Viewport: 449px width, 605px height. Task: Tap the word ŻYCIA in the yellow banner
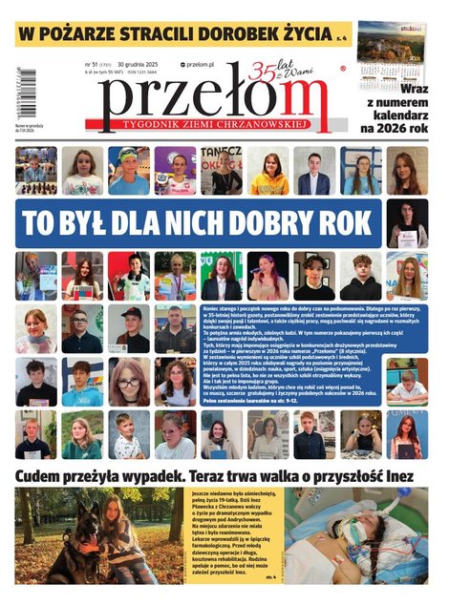299,34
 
